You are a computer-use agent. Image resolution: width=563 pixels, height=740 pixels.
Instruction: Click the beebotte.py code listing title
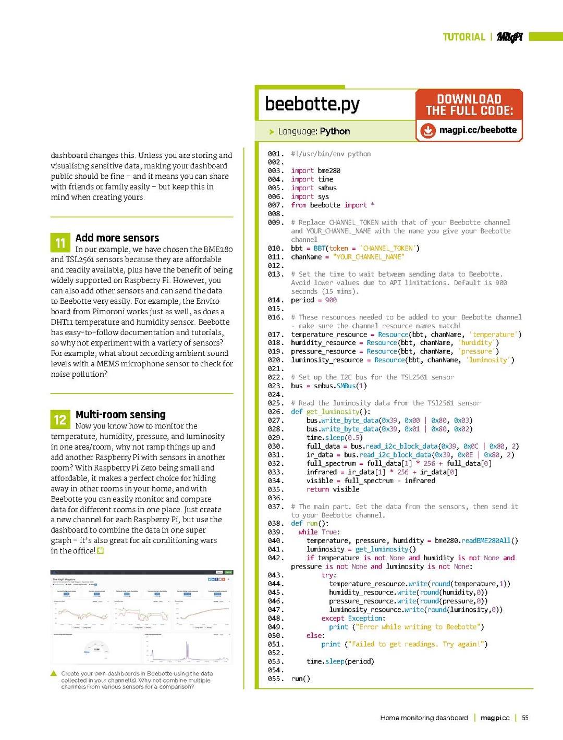point(312,104)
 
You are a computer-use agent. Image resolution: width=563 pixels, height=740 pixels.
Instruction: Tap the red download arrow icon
point(427,130)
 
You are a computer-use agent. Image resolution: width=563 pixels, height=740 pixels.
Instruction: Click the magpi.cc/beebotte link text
point(478,130)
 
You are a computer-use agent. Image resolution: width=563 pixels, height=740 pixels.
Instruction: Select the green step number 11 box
point(60,243)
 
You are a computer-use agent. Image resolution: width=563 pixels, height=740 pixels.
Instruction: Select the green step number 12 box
point(60,420)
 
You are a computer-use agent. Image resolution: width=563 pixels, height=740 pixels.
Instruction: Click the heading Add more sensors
point(117,238)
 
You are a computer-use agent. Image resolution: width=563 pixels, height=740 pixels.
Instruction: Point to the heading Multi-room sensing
point(120,414)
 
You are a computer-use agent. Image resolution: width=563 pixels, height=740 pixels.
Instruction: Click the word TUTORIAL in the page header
point(463,37)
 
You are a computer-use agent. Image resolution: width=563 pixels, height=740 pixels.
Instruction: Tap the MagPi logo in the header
point(509,37)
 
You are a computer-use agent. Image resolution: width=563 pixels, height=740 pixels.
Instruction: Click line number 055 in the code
point(275,679)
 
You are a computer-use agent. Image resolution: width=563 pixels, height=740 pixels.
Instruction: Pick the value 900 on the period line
point(331,300)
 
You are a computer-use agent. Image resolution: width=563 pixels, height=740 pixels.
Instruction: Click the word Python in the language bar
point(335,131)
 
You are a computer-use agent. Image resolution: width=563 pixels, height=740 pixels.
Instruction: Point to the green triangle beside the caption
point(54,673)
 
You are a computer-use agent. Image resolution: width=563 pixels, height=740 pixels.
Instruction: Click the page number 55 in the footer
point(525,718)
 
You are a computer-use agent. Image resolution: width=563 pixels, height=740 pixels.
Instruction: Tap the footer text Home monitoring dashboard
point(424,718)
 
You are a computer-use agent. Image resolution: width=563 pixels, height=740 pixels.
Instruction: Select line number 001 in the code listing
point(275,154)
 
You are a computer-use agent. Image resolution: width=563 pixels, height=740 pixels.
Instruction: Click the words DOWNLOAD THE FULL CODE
point(469,105)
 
